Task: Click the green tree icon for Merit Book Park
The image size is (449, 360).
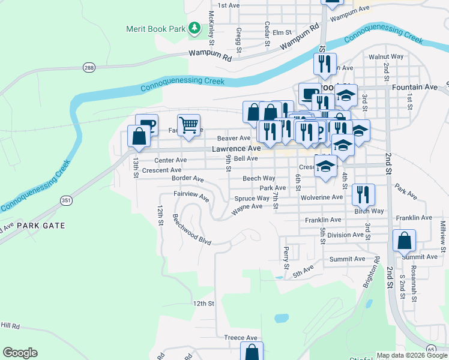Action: tap(194, 28)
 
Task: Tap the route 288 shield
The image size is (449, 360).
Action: tap(89, 67)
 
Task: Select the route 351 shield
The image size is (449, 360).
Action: tap(65, 200)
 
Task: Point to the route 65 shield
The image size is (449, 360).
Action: tap(432, 349)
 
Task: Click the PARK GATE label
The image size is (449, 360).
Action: tap(40, 226)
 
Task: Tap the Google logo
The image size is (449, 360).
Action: tap(20, 353)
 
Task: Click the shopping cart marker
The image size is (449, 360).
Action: tap(188, 125)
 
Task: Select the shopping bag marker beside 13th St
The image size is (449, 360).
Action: tap(139, 136)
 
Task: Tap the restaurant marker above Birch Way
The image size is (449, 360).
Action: tap(363, 194)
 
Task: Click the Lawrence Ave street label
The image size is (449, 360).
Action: tap(236, 148)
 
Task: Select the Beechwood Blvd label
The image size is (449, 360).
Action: tap(192, 229)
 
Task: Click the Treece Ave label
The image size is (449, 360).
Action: tap(241, 338)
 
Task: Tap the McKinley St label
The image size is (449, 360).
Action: tap(211, 28)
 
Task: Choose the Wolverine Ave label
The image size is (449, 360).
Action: tap(322, 197)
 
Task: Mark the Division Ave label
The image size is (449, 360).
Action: tap(345, 235)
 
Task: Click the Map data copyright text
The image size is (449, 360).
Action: tap(411, 355)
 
